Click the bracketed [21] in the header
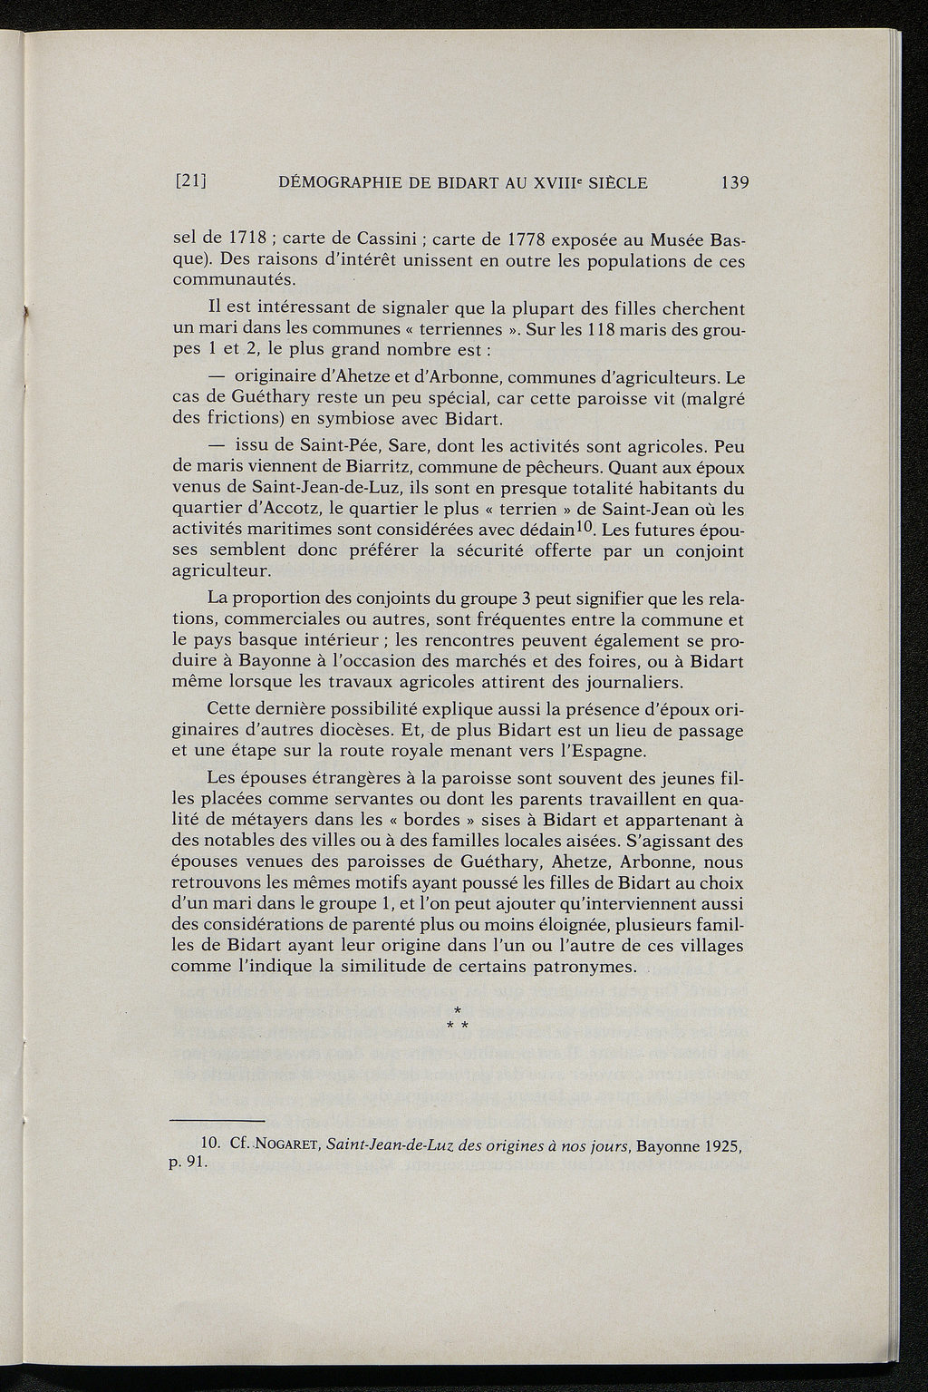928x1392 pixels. [191, 182]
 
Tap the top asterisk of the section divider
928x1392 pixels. [458, 1009]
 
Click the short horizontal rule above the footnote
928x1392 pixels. [217, 1121]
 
